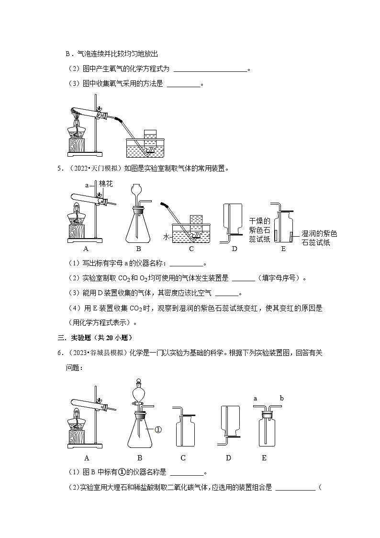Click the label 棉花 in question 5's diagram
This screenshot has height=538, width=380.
pyautogui.click(x=106, y=184)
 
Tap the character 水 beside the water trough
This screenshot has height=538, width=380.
pyautogui.click(x=166, y=237)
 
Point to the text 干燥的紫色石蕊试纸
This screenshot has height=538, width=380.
pyautogui.click(x=260, y=230)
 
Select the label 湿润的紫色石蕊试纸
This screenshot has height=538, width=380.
pyautogui.click(x=319, y=238)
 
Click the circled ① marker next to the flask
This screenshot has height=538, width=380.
pyautogui.click(x=159, y=430)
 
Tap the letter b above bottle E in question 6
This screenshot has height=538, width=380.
pyautogui.click(x=281, y=398)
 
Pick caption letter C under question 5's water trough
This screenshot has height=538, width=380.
pyautogui.click(x=191, y=249)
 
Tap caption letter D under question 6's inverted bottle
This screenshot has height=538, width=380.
pyautogui.click(x=228, y=458)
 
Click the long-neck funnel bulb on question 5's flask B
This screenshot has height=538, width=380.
pyautogui.click(x=137, y=190)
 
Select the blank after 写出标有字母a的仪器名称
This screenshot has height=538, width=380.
pyautogui.click(x=187, y=263)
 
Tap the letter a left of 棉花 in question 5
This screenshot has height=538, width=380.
pyautogui.click(x=87, y=184)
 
